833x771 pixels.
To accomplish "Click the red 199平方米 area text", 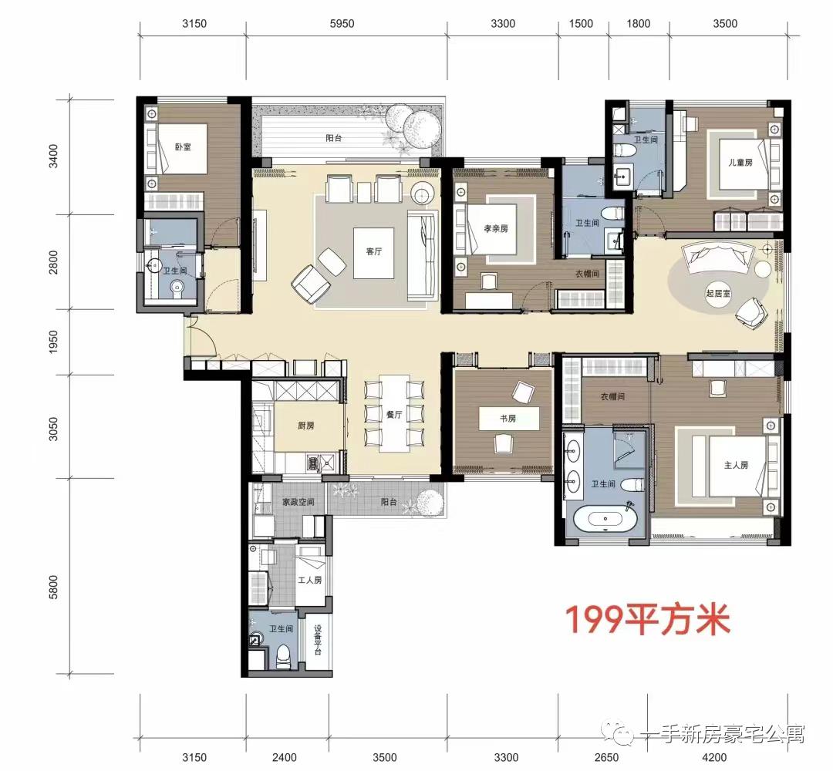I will [x=648, y=620].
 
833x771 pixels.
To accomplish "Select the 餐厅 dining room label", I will [x=395, y=414].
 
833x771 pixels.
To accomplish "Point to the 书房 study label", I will [x=508, y=419].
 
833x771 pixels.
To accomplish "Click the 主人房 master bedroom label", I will [x=737, y=465].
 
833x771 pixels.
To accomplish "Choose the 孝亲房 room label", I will [x=496, y=229].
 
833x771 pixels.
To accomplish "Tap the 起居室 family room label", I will [x=717, y=293].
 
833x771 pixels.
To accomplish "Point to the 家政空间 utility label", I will [x=298, y=502].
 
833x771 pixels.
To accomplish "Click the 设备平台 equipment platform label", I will [x=318, y=641].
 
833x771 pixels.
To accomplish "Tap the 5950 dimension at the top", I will [x=342, y=24].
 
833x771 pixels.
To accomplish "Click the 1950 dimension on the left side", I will [x=53, y=342].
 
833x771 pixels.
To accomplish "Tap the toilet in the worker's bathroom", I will [x=283, y=656].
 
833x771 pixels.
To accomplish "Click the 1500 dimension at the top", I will [x=581, y=24].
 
